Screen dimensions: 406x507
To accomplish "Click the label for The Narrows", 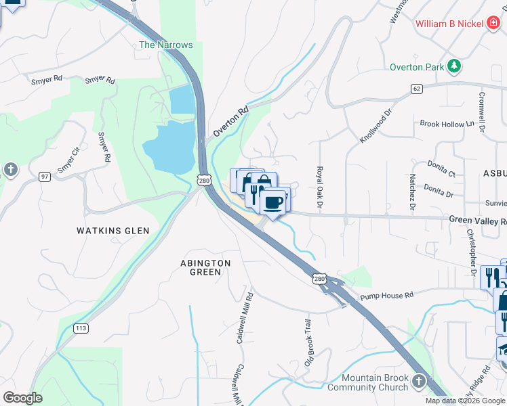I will click(x=166, y=45).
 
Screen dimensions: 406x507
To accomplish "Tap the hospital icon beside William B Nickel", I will click(x=494, y=24).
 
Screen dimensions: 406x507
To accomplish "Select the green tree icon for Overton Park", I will click(x=453, y=66).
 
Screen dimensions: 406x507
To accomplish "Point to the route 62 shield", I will click(x=416, y=89).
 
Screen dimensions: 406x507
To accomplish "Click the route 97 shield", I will click(x=45, y=177).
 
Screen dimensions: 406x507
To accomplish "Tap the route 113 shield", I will click(x=81, y=328).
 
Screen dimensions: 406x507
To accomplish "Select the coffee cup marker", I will click(x=272, y=202).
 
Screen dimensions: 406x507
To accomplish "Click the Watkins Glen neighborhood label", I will click(x=113, y=231).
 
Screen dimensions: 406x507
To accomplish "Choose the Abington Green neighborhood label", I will click(x=205, y=267).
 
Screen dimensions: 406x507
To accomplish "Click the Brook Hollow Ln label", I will click(x=447, y=124).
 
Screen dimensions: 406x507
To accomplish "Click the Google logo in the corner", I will click(x=22, y=398).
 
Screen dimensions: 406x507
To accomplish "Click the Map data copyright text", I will click(x=465, y=401).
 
